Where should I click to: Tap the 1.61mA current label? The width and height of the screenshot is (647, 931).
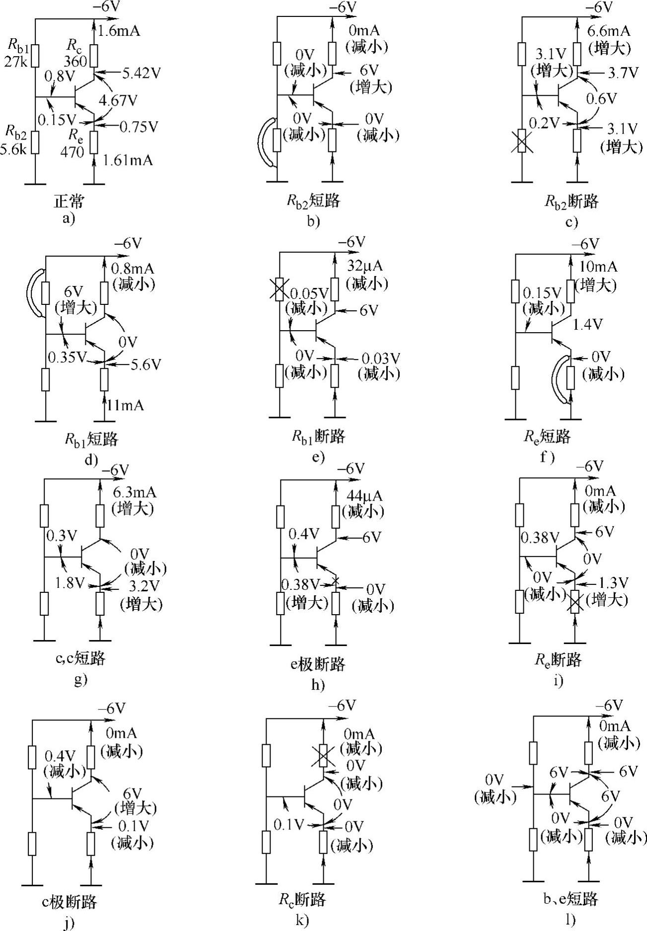(128, 160)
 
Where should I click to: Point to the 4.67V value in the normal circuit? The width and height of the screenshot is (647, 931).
(118, 100)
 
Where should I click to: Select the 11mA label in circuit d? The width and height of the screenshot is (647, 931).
(125, 405)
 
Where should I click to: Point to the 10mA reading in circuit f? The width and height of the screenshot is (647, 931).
(598, 267)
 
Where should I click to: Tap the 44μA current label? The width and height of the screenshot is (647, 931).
(365, 496)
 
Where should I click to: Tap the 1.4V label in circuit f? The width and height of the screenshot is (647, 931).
(587, 325)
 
